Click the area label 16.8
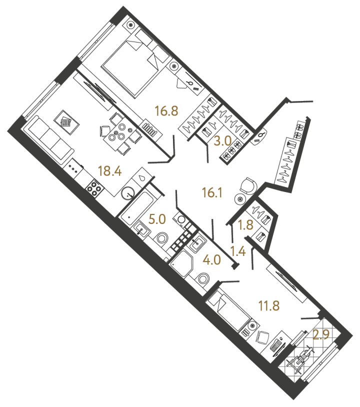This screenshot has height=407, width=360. coord(166,110)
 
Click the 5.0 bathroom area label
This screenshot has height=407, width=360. coord(158,218)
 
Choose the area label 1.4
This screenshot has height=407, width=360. coord(238,250)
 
